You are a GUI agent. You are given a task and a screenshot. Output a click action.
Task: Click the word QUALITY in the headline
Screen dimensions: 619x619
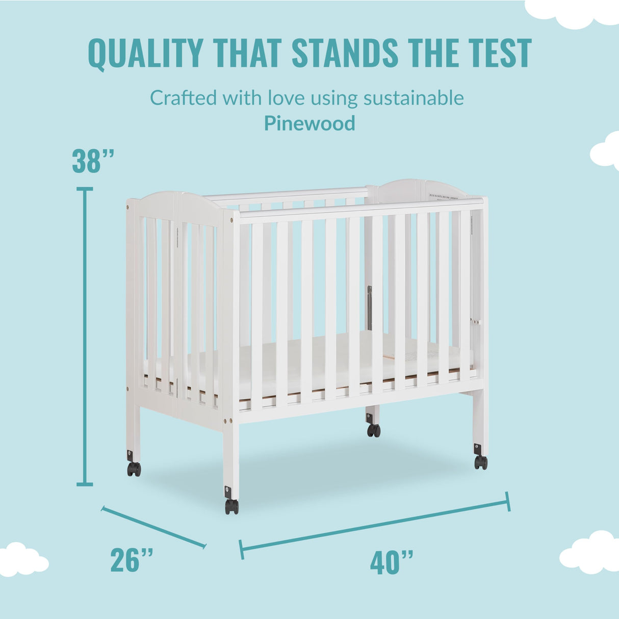click(x=145, y=53)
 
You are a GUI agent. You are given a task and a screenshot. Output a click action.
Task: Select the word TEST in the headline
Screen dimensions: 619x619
click(x=499, y=53)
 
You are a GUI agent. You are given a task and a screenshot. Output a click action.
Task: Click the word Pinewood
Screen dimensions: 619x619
click(x=310, y=123)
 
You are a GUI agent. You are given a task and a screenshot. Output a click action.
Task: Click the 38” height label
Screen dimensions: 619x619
click(x=93, y=161)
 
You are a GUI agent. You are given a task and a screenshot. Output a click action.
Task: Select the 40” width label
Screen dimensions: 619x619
click(x=392, y=562)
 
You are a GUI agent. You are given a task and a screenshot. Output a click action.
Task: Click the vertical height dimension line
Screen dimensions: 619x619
click(x=85, y=337)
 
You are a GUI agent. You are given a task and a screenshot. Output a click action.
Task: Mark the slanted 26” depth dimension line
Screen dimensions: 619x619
click(x=153, y=527)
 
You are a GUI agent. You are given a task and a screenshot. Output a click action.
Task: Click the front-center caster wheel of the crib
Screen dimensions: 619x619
click(x=231, y=506)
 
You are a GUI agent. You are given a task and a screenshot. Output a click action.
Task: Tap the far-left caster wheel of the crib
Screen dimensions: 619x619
click(x=134, y=469)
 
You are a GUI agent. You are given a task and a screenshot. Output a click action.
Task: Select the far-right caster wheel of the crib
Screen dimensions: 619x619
click(x=481, y=462)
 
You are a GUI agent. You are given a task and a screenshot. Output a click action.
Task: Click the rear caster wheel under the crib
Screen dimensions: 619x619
click(x=374, y=430)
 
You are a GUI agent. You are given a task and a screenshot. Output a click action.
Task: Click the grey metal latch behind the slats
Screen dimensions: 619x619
click(x=370, y=307)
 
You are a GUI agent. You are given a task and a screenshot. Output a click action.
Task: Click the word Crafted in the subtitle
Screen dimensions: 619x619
click(x=184, y=97)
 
